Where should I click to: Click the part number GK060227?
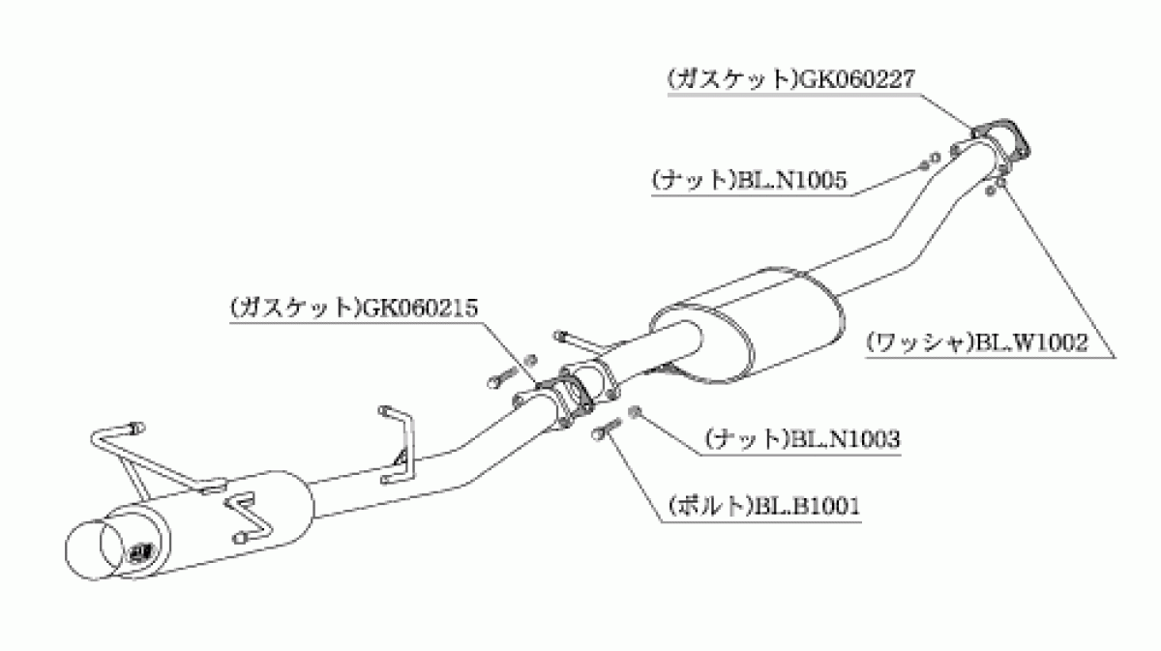point(858,80)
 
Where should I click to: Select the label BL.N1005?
point(791,180)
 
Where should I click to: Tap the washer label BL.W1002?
point(1031,342)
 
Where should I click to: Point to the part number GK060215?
point(419,308)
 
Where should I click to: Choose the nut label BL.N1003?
point(845,439)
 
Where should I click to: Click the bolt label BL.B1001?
point(807,506)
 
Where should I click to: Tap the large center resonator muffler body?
point(746,327)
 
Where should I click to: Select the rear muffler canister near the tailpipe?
point(207,523)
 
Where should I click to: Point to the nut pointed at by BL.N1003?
point(635,412)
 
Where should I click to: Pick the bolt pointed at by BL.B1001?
point(606,428)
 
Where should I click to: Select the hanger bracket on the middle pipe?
point(399,446)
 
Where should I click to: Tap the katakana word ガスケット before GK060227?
point(732,80)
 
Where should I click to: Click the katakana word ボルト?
point(710,506)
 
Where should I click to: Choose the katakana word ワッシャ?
point(920,342)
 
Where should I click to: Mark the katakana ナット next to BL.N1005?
point(693,180)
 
